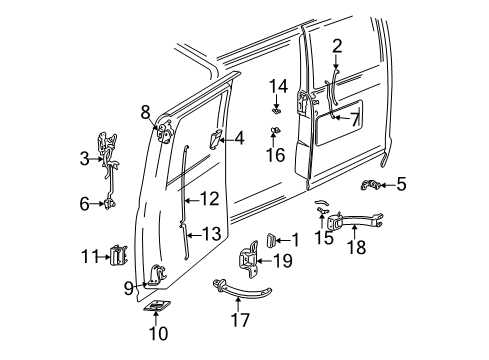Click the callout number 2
(x=337, y=44)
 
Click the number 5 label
(x=400, y=183)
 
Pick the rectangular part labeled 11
(x=118, y=257)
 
